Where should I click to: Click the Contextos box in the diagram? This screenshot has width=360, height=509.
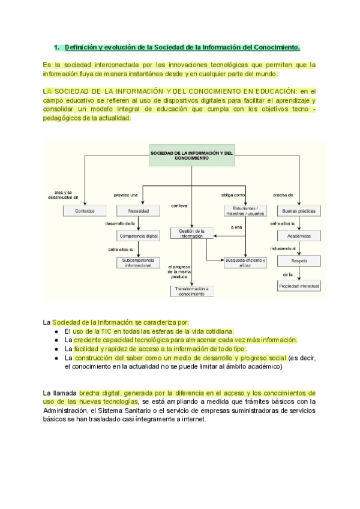coord(85,211)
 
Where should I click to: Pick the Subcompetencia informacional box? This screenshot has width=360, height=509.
coord(139,262)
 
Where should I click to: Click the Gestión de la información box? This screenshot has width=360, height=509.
coord(192,233)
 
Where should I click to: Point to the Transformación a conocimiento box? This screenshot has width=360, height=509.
coord(191,291)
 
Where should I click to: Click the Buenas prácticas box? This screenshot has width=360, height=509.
coord(298,211)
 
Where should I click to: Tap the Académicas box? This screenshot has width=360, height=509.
coord(298,236)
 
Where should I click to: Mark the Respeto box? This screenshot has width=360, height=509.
coord(298,261)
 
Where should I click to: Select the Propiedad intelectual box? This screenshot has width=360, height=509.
coord(299,286)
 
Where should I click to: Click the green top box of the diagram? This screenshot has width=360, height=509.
coord(191,156)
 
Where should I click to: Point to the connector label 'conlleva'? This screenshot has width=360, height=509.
coord(179,206)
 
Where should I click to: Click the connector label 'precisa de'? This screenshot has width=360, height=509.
coord(283,194)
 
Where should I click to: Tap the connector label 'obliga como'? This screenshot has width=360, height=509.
coord(233,194)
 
